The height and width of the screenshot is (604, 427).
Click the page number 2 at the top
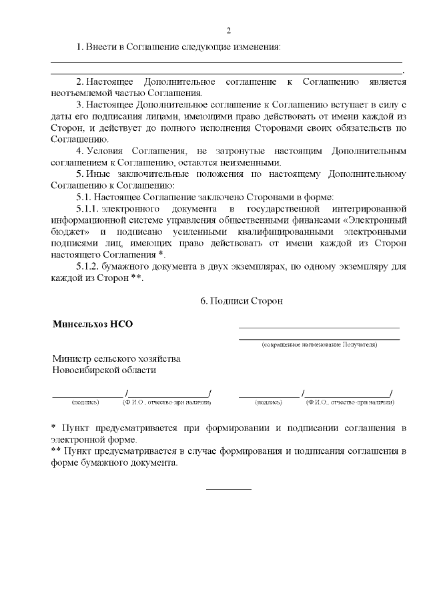coord(229,31)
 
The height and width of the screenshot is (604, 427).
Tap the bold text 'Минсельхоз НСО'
coord(93,324)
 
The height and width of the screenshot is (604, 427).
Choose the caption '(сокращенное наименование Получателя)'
coord(320,345)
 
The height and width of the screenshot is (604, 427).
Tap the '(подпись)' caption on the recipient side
coord(268,402)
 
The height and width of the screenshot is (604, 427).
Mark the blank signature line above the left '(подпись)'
coord(87,395)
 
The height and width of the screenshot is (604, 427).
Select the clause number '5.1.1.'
coord(89,210)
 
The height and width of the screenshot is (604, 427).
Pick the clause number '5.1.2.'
coord(89,267)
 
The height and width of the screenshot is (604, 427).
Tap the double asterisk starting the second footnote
coord(57,451)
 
